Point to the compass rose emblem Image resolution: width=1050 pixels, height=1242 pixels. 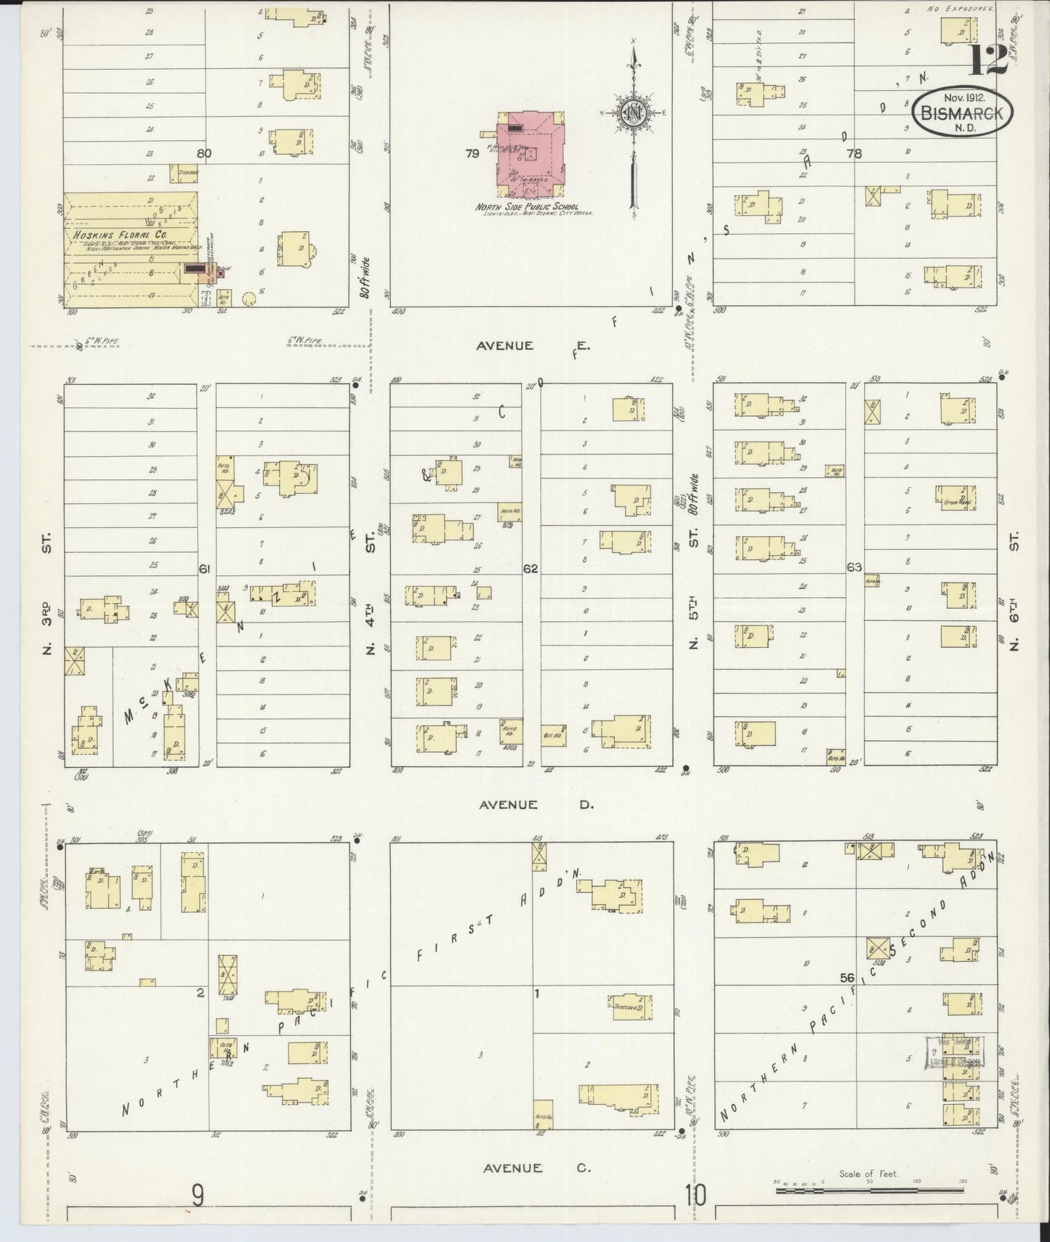click(x=634, y=113)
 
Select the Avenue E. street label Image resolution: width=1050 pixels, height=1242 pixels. click(x=533, y=346)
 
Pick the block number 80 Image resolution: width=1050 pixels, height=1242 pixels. click(x=203, y=153)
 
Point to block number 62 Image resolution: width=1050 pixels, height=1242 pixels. click(x=530, y=568)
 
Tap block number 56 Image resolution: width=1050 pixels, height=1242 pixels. click(x=847, y=978)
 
